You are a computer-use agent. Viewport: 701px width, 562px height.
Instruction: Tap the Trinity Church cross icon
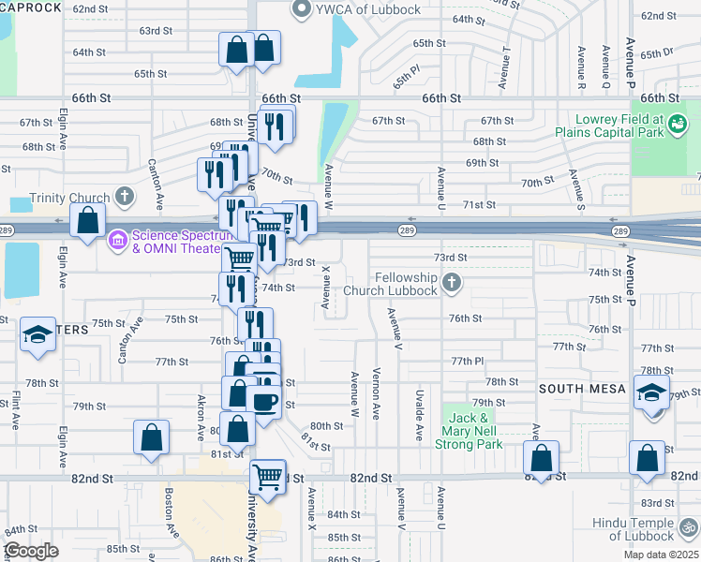(124, 197)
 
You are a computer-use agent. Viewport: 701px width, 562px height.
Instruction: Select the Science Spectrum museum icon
(118, 241)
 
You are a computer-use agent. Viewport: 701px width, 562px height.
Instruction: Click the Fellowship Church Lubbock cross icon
(452, 282)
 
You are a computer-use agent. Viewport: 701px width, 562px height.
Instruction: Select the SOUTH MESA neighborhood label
(580, 388)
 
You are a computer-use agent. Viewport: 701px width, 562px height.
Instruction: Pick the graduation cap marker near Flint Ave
(37, 335)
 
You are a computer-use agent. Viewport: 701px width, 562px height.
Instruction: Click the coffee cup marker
(265, 401)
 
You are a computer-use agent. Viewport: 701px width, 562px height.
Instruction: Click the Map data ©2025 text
(662, 555)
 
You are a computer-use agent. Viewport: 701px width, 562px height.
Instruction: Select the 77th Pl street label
(466, 361)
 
